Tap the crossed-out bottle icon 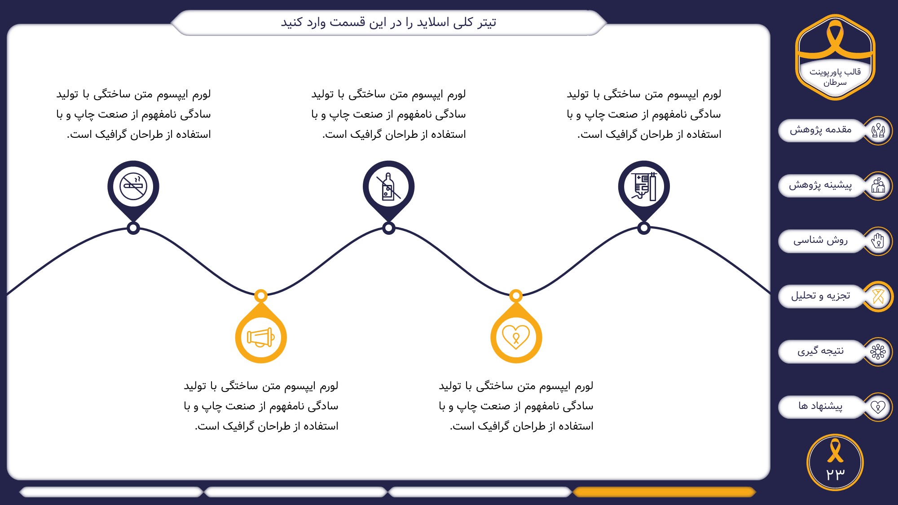388,186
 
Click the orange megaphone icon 261,337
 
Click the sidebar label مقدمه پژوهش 821,130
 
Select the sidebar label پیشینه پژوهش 820,185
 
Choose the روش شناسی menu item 820,240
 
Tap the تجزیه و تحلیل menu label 820,295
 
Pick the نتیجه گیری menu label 820,351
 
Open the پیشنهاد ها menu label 820,406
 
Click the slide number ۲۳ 835,474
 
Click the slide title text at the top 388,22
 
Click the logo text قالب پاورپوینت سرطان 835,77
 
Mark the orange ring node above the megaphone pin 261,295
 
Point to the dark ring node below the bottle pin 388,228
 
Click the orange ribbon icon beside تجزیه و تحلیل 878,296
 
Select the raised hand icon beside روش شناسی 878,241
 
